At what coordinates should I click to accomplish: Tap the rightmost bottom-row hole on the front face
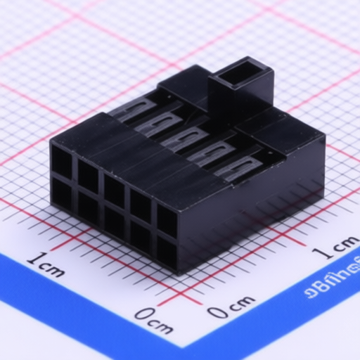click(166, 251)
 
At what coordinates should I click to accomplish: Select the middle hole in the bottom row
click(114, 223)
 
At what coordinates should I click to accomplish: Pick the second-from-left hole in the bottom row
click(88, 209)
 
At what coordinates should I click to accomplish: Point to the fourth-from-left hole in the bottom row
click(140, 237)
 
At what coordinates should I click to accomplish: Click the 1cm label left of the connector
click(45, 264)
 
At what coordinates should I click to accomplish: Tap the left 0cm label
click(153, 321)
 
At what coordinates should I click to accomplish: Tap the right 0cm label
click(231, 306)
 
